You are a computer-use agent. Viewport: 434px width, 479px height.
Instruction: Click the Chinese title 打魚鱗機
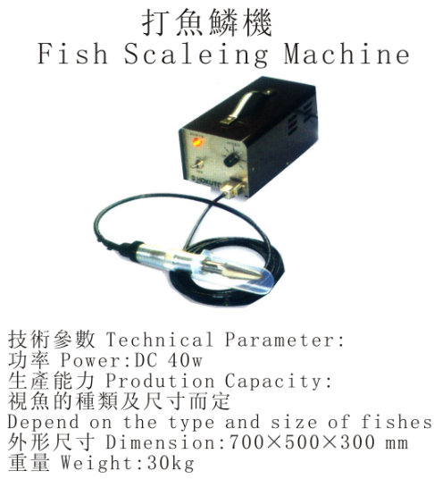206,22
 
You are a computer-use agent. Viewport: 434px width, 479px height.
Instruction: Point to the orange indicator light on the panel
196,142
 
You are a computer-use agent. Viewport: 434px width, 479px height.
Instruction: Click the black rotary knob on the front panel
231,159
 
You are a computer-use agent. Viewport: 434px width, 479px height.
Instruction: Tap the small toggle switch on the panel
196,165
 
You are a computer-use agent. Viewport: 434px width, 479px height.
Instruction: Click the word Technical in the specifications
159,340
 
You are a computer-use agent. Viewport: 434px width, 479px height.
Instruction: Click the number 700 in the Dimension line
246,442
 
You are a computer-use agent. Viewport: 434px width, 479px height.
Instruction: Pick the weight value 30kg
171,464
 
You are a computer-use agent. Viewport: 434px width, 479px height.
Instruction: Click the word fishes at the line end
396,422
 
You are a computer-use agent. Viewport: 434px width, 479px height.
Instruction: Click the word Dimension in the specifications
161,442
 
